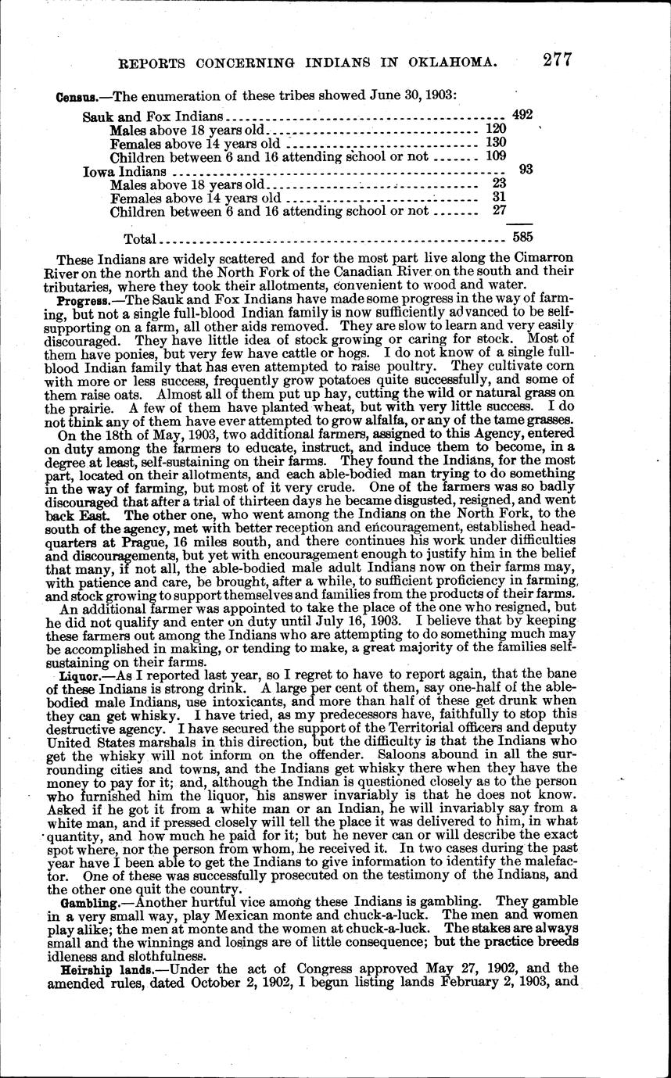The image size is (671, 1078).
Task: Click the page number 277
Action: tap(551, 60)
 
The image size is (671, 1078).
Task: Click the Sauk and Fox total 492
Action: tap(522, 114)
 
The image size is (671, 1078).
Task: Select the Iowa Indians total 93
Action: tap(526, 168)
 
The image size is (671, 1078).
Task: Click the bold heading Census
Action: tap(76, 96)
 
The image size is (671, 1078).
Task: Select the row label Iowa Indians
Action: tap(125, 171)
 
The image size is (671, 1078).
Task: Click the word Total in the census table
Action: tap(141, 238)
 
